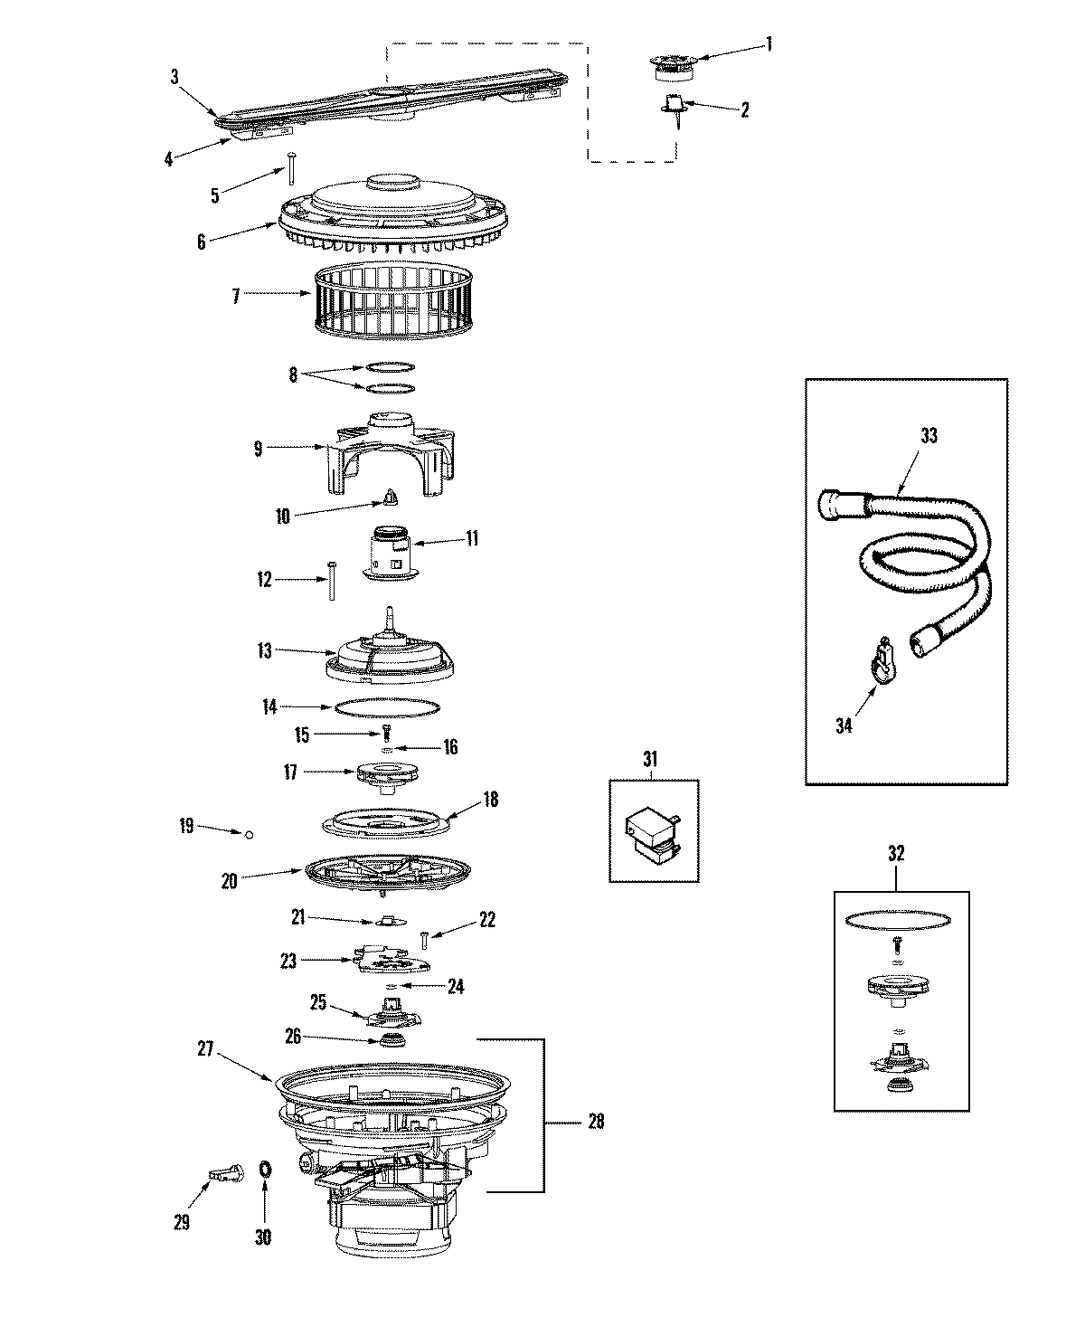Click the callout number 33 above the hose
929,435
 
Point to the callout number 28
595,1122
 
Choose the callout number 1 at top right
769,43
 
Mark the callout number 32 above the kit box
896,853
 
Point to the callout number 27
205,1049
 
